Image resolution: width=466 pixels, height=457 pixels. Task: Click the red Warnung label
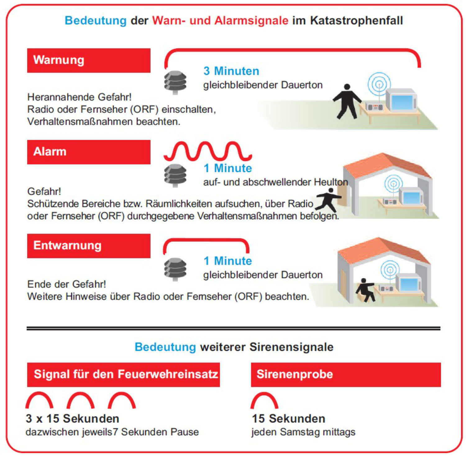pyautogui.click(x=89, y=60)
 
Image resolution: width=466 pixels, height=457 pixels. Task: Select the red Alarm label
pyautogui.click(x=89, y=152)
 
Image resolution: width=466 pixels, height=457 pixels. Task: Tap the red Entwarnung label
pyautogui.click(x=89, y=246)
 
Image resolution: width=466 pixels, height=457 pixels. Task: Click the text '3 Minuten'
pyautogui.click(x=231, y=71)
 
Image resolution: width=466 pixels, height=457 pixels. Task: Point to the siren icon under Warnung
pyautogui.click(x=175, y=82)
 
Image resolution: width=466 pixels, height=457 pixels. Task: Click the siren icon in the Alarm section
pyautogui.click(x=175, y=175)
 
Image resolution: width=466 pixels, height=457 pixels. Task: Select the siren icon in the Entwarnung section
pyautogui.click(x=175, y=269)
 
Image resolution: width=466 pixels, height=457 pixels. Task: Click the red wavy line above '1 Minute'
pyautogui.click(x=208, y=151)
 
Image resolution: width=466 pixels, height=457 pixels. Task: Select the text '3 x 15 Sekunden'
pyautogui.click(x=72, y=418)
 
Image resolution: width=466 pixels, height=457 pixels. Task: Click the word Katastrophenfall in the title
pyautogui.click(x=356, y=21)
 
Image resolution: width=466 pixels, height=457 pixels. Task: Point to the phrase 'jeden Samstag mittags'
pyautogui.click(x=303, y=432)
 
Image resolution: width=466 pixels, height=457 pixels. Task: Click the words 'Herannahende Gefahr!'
pyautogui.click(x=79, y=97)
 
